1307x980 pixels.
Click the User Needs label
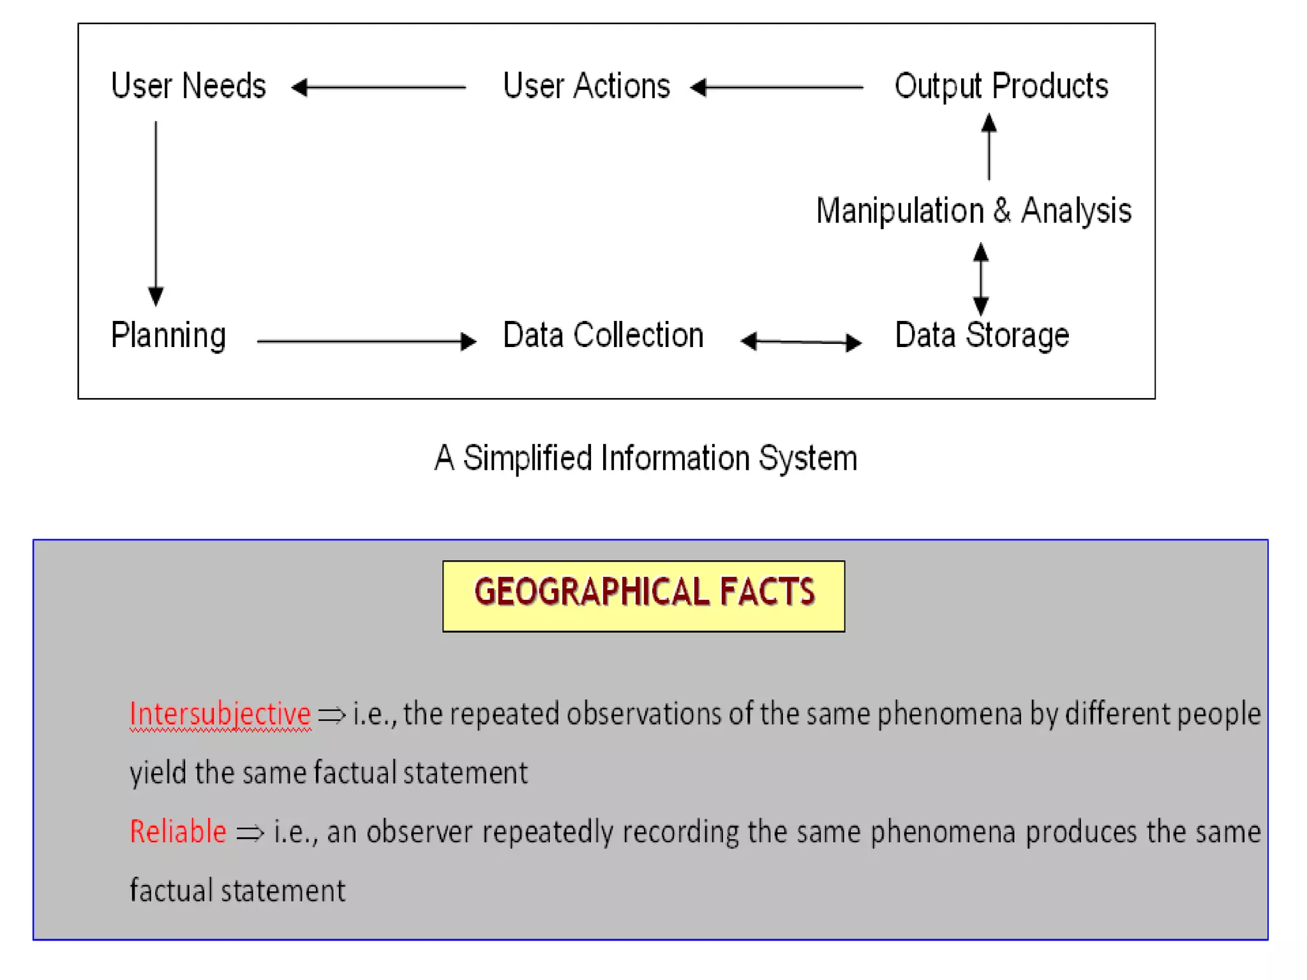pos(188,85)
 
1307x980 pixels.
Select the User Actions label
pos(586,85)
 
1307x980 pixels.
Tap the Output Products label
pos(1001,87)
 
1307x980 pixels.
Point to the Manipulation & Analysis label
pos(973,211)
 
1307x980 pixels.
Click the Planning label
pos(168,336)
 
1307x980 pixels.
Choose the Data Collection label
pos(603,335)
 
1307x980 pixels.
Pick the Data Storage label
pos(982,336)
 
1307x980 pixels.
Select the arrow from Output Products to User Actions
pos(777,87)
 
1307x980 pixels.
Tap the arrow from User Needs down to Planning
pos(156,213)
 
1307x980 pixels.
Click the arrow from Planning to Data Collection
pos(366,341)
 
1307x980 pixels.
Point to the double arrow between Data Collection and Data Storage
pos(801,342)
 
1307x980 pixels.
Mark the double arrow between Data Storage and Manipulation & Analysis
pos(981,279)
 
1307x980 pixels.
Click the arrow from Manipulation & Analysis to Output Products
pos(989,147)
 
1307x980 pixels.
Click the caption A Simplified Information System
pos(646,458)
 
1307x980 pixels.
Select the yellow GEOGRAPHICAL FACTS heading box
pos(643,595)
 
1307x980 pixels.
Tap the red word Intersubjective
pos(220,713)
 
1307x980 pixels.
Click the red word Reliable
pos(177,831)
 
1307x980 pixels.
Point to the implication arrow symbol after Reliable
pos(250,833)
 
